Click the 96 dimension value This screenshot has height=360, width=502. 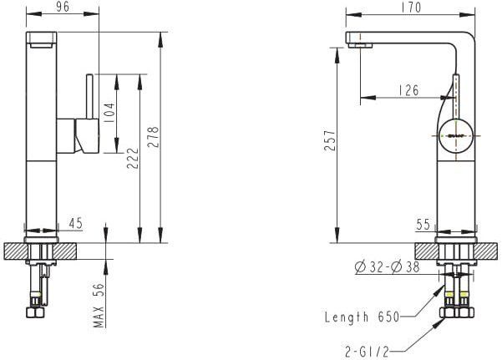pos(63,7)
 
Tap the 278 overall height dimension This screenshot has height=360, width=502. pos(153,137)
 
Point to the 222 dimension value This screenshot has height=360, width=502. pos(133,158)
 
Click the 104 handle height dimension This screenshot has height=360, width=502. pos(109,114)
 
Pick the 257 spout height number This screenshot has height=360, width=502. pos(330,140)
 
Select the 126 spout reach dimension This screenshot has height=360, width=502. pos(408,90)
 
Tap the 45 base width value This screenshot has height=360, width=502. pos(76,223)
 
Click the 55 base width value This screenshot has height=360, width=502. pos(423,224)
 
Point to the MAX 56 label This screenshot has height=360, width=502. pos(99,305)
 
